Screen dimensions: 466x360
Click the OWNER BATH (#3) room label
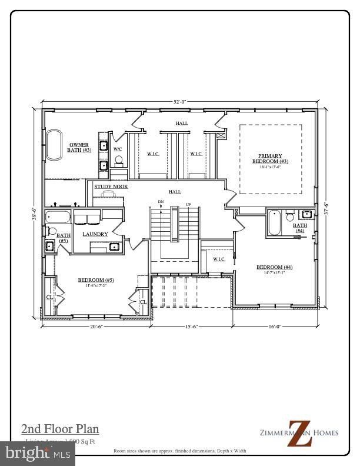tap(79, 147)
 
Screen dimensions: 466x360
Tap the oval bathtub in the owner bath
tap(54, 145)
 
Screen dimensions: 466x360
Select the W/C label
tap(118, 149)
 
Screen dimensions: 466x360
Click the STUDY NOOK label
tap(111, 187)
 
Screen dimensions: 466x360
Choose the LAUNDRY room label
tap(95, 234)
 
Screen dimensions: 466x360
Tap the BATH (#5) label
tap(63, 238)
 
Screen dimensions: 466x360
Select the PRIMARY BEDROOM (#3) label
tap(270, 158)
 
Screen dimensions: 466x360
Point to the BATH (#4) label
tap(300, 228)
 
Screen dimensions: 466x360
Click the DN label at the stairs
tap(161, 202)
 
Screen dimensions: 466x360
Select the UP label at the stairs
tap(188, 204)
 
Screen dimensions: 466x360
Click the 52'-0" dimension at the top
tap(179, 102)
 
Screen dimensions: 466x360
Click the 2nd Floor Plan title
tap(60, 428)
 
